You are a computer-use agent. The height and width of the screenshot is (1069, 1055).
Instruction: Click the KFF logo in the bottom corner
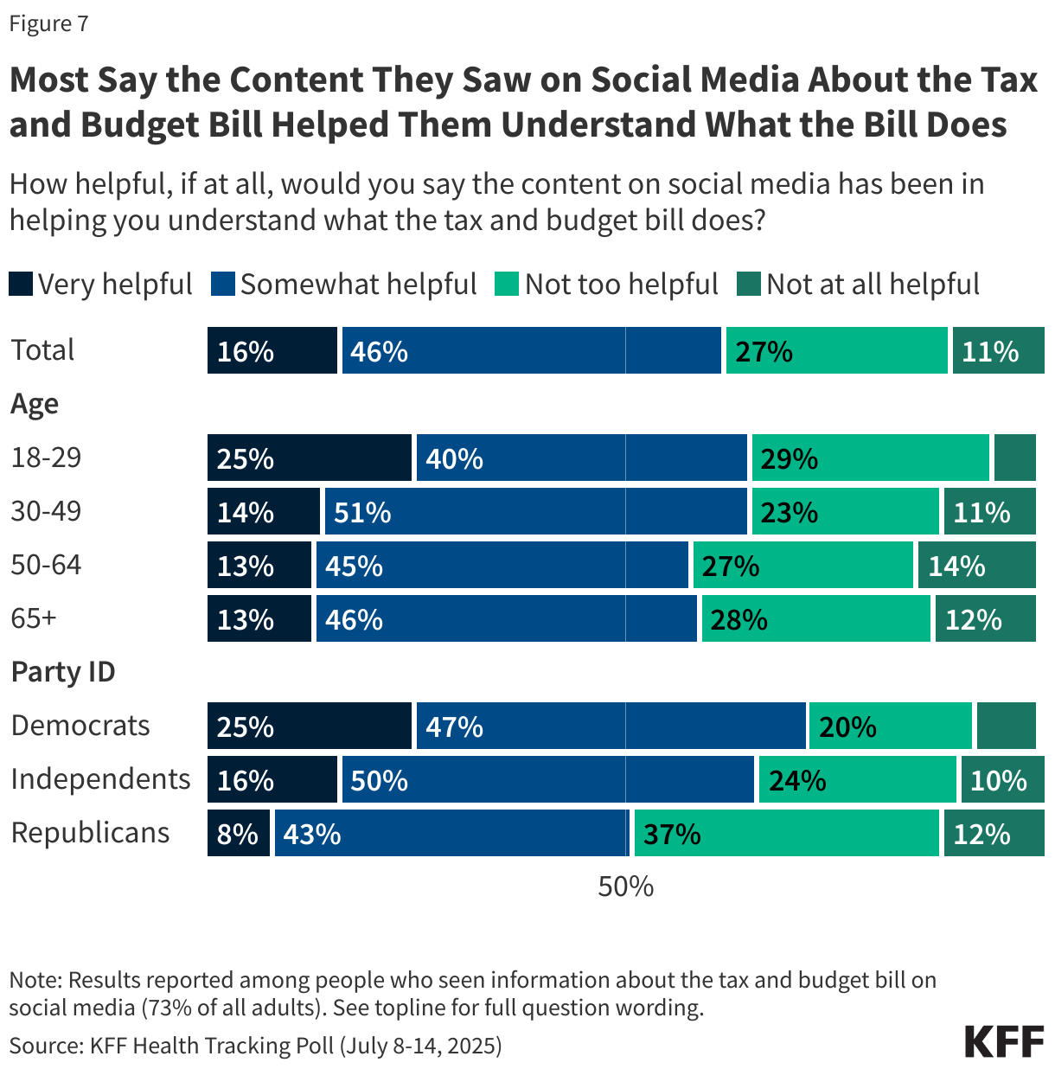[1004, 1041]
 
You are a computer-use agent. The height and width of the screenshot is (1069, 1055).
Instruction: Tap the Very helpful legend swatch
[21, 284]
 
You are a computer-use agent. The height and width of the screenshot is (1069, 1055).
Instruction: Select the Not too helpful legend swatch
[507, 284]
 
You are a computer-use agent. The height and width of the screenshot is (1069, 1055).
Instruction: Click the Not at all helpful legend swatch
[748, 284]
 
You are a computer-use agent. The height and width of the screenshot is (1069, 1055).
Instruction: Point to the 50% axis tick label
[625, 887]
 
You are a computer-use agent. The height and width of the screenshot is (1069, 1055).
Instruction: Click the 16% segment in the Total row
[272, 350]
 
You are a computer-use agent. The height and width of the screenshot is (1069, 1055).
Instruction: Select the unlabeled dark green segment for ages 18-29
[1014, 458]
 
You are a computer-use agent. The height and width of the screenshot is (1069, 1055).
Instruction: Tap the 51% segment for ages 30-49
[535, 511]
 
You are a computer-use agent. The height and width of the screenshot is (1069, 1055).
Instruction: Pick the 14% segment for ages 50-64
[976, 565]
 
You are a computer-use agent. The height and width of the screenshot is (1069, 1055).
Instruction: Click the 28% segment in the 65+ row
[815, 618]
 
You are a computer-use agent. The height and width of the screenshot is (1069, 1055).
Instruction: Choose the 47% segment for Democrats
[611, 726]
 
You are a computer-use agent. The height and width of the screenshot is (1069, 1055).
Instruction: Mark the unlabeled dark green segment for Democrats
[1006, 726]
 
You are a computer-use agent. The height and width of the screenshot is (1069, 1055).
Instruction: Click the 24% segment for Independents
[857, 779]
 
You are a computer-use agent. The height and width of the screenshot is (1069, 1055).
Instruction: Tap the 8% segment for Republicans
[238, 833]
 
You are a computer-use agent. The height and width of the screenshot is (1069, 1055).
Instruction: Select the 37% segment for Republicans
[786, 833]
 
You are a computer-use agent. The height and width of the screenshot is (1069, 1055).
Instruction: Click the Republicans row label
[90, 833]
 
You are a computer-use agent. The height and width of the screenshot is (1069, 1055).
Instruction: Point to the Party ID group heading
[63, 672]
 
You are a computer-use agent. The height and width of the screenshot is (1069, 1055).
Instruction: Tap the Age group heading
[35, 404]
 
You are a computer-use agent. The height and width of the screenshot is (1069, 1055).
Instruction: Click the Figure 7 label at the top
[48, 23]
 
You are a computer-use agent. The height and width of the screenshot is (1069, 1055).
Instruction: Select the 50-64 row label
[46, 565]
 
